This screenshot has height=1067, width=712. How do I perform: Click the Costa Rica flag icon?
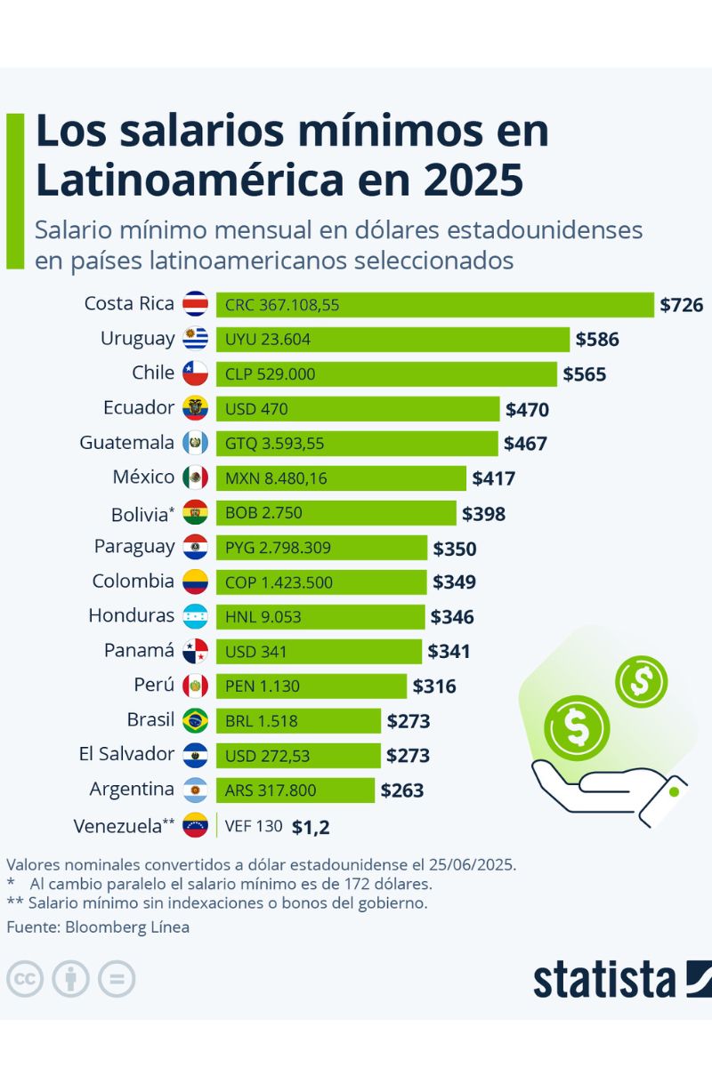[x=195, y=304]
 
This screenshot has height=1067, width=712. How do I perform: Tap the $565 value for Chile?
[x=584, y=374]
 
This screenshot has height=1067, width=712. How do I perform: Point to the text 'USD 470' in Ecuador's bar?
[x=256, y=409]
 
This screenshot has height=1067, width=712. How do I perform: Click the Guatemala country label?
[x=126, y=443]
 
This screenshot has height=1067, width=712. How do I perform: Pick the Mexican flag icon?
[x=195, y=478]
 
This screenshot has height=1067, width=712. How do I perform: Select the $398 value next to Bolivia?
[x=483, y=514]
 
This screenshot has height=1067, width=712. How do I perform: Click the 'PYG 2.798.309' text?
[x=278, y=548]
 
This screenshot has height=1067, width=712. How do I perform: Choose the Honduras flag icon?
[x=195, y=617]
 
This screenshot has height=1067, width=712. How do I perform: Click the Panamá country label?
[x=139, y=651]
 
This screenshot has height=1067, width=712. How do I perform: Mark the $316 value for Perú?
[x=434, y=686]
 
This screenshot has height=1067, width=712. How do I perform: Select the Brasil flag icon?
[x=195, y=720]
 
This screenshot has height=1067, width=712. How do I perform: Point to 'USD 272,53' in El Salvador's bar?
[x=270, y=755]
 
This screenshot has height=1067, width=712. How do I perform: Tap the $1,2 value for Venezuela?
[x=311, y=827]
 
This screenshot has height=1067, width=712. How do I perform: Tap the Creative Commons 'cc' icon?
[x=25, y=979]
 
